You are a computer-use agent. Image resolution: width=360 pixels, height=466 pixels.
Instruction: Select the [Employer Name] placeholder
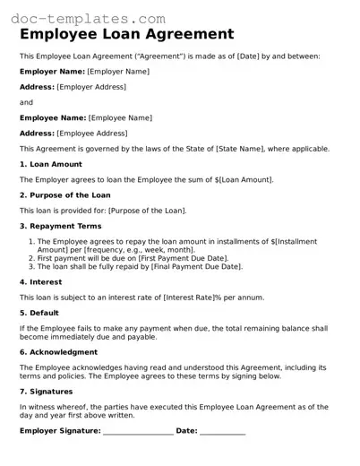(118, 71)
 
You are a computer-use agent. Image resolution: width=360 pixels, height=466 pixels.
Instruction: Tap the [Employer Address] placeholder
(90, 87)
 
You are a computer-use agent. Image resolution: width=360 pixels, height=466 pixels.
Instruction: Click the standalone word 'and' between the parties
(26, 102)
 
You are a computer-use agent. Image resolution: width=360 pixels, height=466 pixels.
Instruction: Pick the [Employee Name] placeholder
(119, 117)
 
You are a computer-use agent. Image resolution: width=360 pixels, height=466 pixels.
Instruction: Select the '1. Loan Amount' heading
(51, 164)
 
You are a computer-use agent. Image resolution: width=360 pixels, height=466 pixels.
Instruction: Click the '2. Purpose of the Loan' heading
(64, 195)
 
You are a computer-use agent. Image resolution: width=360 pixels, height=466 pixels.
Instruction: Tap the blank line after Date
(222, 433)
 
